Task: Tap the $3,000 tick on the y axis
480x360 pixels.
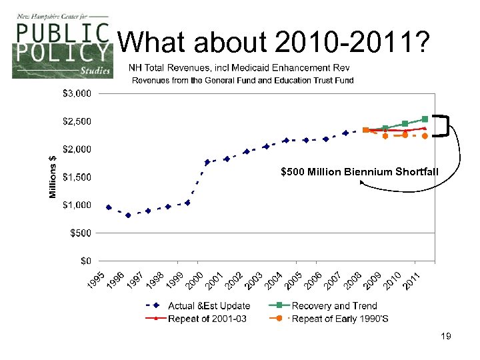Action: tap(77, 94)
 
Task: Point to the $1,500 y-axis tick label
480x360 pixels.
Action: tap(77, 177)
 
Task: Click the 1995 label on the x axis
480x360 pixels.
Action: tap(97, 281)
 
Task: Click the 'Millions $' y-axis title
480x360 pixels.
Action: tap(53, 177)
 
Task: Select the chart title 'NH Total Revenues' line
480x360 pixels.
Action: tap(239, 68)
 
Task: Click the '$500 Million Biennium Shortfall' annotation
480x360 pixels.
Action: tap(360, 172)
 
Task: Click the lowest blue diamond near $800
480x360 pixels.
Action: tap(128, 215)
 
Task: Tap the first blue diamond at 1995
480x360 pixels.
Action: tap(109, 207)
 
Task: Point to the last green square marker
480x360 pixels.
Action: tap(425, 119)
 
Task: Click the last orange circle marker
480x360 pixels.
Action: tap(425, 136)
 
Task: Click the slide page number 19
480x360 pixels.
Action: tap(446, 337)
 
